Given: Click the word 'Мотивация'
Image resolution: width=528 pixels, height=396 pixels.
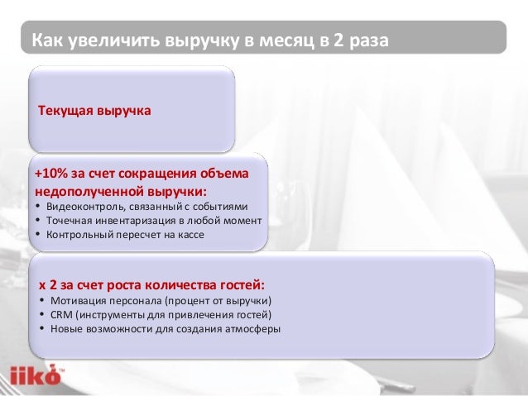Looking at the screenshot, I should [x=77, y=300].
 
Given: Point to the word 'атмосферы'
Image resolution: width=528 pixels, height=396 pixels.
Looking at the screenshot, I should [x=253, y=328].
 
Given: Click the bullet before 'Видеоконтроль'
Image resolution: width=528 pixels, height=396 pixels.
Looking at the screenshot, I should [x=38, y=207].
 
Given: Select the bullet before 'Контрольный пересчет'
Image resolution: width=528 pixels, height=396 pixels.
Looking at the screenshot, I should [x=38, y=235].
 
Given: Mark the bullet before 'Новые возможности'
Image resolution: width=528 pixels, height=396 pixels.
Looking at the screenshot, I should [x=42, y=329].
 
